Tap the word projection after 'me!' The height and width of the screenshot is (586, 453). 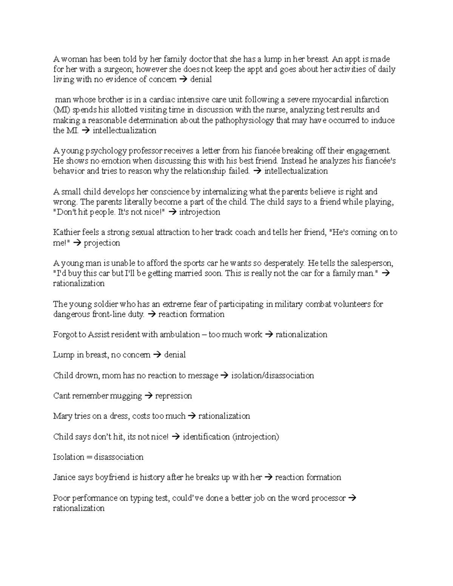pos(102,243)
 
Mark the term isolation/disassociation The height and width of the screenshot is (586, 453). pos(273,376)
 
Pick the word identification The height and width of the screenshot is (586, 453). pos(206,437)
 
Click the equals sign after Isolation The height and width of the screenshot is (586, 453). pos(89,457)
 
